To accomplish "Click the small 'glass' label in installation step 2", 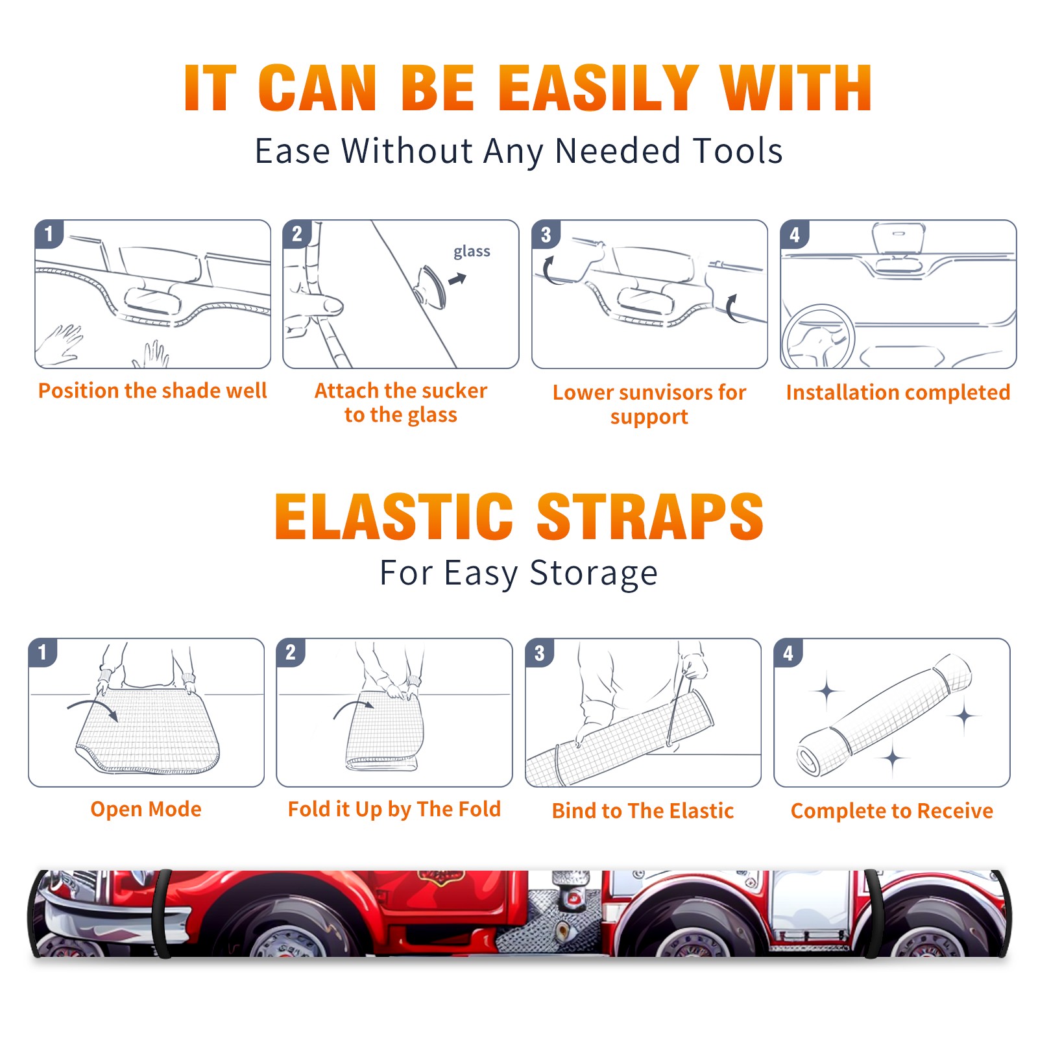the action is point(472,252).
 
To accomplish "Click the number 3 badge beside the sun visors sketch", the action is point(546,234).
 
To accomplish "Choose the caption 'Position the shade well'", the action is point(152,391).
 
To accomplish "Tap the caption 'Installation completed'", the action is point(898,392).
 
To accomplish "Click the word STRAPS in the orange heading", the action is point(650,516).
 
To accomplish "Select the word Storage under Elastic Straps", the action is point(594,573).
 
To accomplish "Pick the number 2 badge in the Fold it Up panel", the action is point(291,652).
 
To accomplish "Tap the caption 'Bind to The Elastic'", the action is point(643,811).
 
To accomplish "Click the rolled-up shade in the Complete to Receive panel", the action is point(885,716).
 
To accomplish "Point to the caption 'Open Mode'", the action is point(146,809).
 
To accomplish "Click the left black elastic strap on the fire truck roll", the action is point(162,914).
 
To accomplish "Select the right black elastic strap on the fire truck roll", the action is point(873,914).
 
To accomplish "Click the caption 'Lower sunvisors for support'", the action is point(649,404).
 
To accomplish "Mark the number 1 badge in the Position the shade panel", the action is point(49,234).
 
